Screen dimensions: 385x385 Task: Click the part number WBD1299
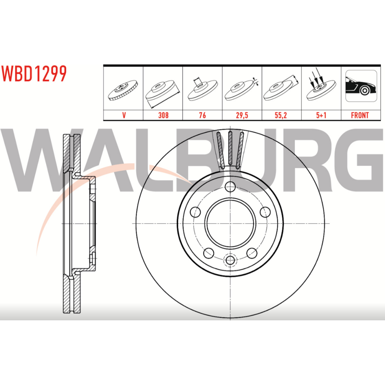coord(34,74)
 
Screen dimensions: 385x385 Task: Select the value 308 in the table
coord(163,115)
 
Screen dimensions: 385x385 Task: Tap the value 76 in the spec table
coord(203,115)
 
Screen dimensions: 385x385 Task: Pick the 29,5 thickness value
coord(242,115)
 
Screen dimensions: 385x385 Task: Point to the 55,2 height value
coord(281,115)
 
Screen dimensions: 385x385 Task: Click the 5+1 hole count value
coord(321,115)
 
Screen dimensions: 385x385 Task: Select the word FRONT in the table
coord(360,115)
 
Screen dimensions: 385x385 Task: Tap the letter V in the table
coord(124,115)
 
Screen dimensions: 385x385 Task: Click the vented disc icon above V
coord(123,90)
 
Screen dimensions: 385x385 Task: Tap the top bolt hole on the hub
coord(230,187)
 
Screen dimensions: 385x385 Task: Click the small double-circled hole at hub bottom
coord(230,260)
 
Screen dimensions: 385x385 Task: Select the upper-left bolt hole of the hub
coord(196,212)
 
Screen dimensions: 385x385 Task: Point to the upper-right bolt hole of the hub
coord(265,212)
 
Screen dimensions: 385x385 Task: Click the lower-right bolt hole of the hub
coord(252,253)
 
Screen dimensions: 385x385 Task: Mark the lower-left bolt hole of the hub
coord(209,253)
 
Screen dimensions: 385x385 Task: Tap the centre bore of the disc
coord(230,223)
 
